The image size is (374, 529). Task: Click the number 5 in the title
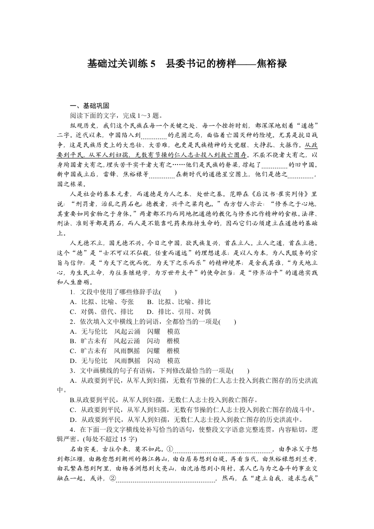[152, 64]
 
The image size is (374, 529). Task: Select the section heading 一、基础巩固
[90, 106]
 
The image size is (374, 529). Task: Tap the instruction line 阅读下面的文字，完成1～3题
[116, 115]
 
